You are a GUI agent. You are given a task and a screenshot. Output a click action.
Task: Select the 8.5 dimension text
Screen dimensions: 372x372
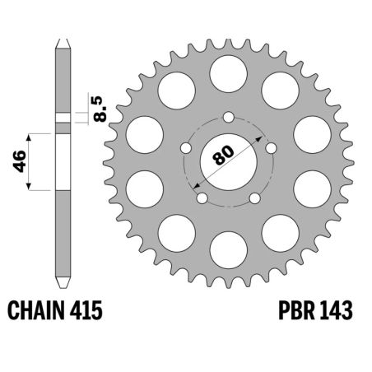[x=99, y=109]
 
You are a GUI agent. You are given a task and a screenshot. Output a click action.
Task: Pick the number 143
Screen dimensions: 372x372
[x=337, y=312]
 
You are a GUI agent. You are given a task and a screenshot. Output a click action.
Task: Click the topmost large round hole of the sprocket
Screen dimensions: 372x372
[x=229, y=72]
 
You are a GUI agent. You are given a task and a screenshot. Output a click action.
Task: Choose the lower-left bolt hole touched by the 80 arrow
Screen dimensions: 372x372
[x=201, y=198]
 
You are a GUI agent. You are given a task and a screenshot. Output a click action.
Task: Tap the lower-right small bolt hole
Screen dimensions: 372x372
[x=256, y=198]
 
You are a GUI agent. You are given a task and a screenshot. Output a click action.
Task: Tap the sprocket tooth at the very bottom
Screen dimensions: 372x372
[x=229, y=282]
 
